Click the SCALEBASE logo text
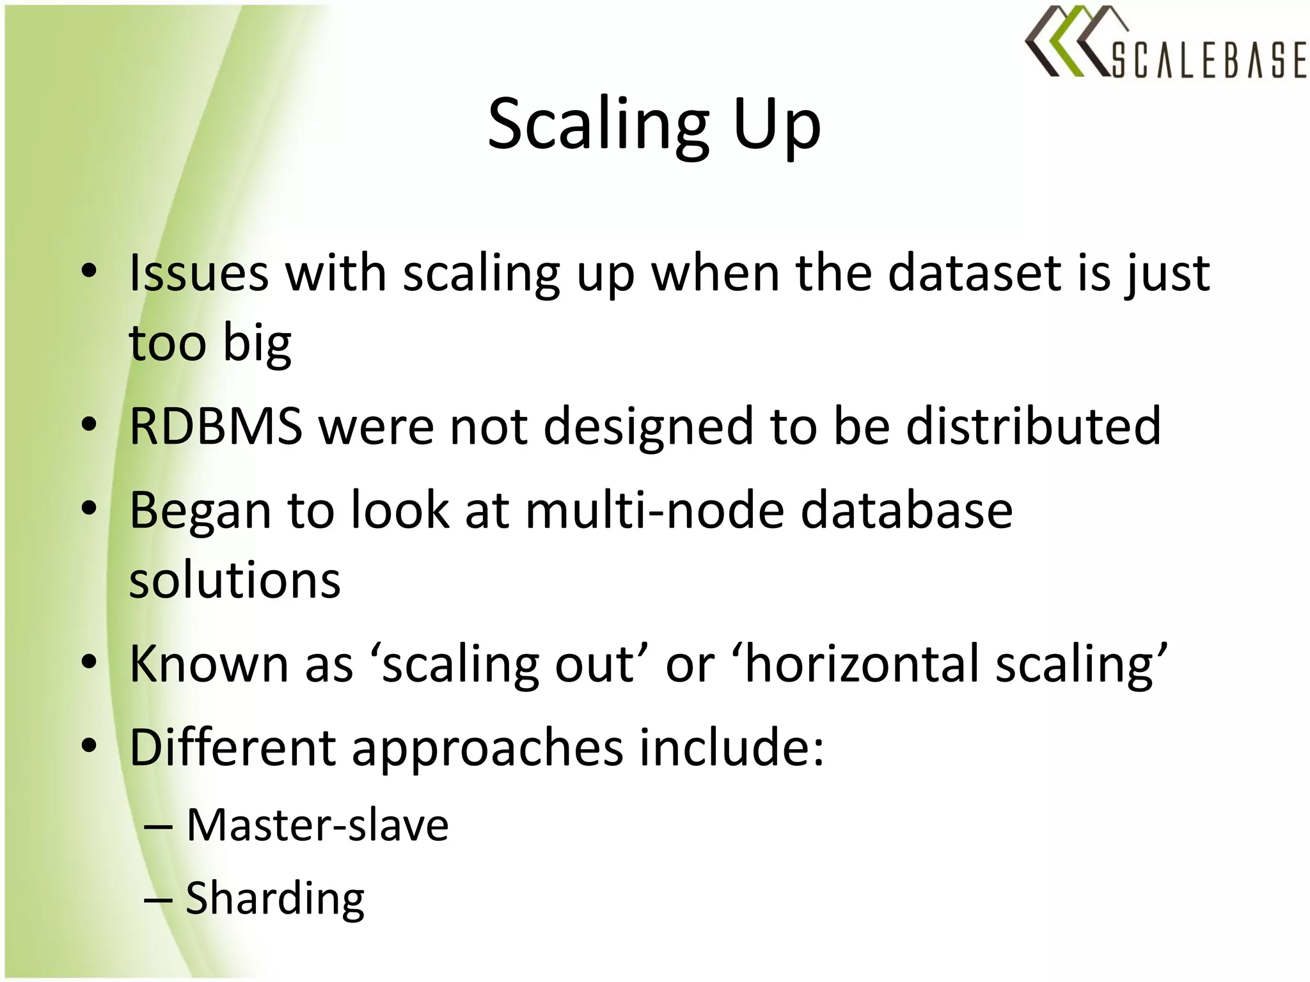click(1208, 60)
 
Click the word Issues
click(199, 274)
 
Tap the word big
click(257, 343)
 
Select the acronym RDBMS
click(216, 426)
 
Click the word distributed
click(1033, 426)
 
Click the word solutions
click(235, 580)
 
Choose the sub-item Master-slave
click(317, 825)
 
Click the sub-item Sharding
click(275, 898)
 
